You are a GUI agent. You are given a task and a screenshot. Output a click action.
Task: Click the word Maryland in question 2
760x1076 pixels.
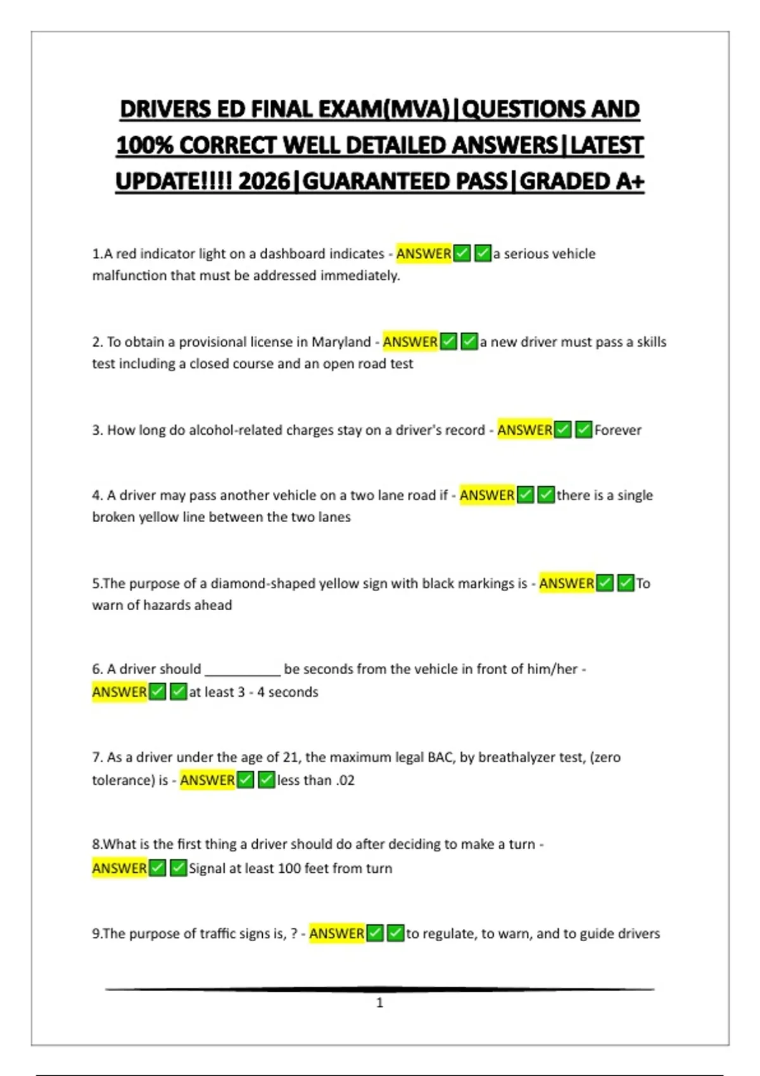coord(341,342)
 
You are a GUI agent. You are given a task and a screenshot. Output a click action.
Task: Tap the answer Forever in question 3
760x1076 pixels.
coord(617,430)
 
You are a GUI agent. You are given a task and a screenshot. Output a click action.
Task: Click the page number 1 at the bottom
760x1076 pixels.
coord(380,1003)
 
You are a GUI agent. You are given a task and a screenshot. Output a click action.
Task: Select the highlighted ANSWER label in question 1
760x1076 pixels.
coord(424,254)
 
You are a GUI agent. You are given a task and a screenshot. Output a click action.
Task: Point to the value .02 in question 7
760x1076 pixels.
coord(345,780)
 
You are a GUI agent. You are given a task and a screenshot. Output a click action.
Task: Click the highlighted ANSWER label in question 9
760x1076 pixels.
coord(336,934)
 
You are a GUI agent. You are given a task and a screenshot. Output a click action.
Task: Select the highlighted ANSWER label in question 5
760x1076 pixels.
coord(566,584)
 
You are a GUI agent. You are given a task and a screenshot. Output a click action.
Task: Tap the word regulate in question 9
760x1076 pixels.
coord(449,934)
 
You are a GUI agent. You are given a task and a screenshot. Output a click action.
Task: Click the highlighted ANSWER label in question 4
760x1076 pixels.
coord(486,495)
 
